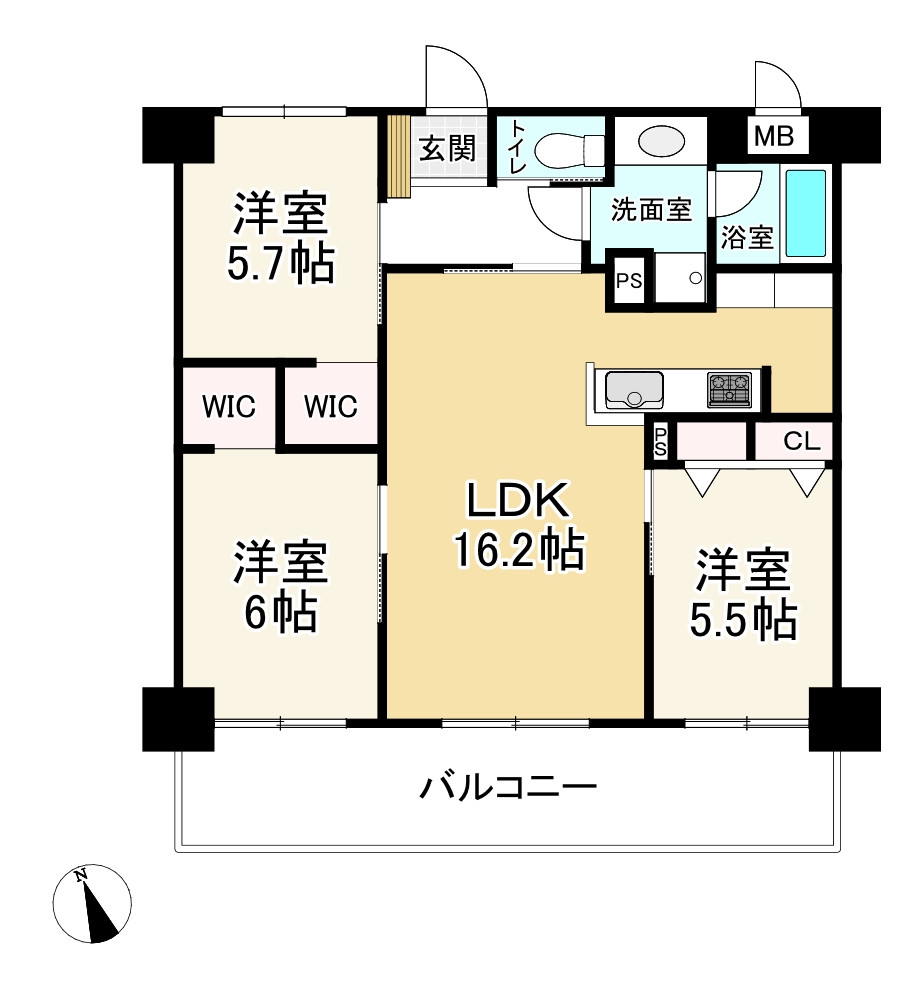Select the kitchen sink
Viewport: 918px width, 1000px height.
click(631, 388)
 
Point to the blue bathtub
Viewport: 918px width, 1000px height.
click(806, 214)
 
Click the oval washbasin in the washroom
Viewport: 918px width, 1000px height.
click(660, 141)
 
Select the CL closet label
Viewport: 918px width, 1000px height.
click(801, 441)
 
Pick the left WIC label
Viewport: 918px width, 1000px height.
click(229, 408)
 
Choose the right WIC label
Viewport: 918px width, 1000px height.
click(331, 408)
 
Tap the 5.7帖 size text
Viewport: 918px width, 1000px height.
click(280, 263)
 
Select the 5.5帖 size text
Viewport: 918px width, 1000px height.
click(744, 621)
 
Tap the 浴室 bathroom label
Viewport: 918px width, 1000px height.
click(746, 238)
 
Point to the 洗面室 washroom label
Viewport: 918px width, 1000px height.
click(651, 211)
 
